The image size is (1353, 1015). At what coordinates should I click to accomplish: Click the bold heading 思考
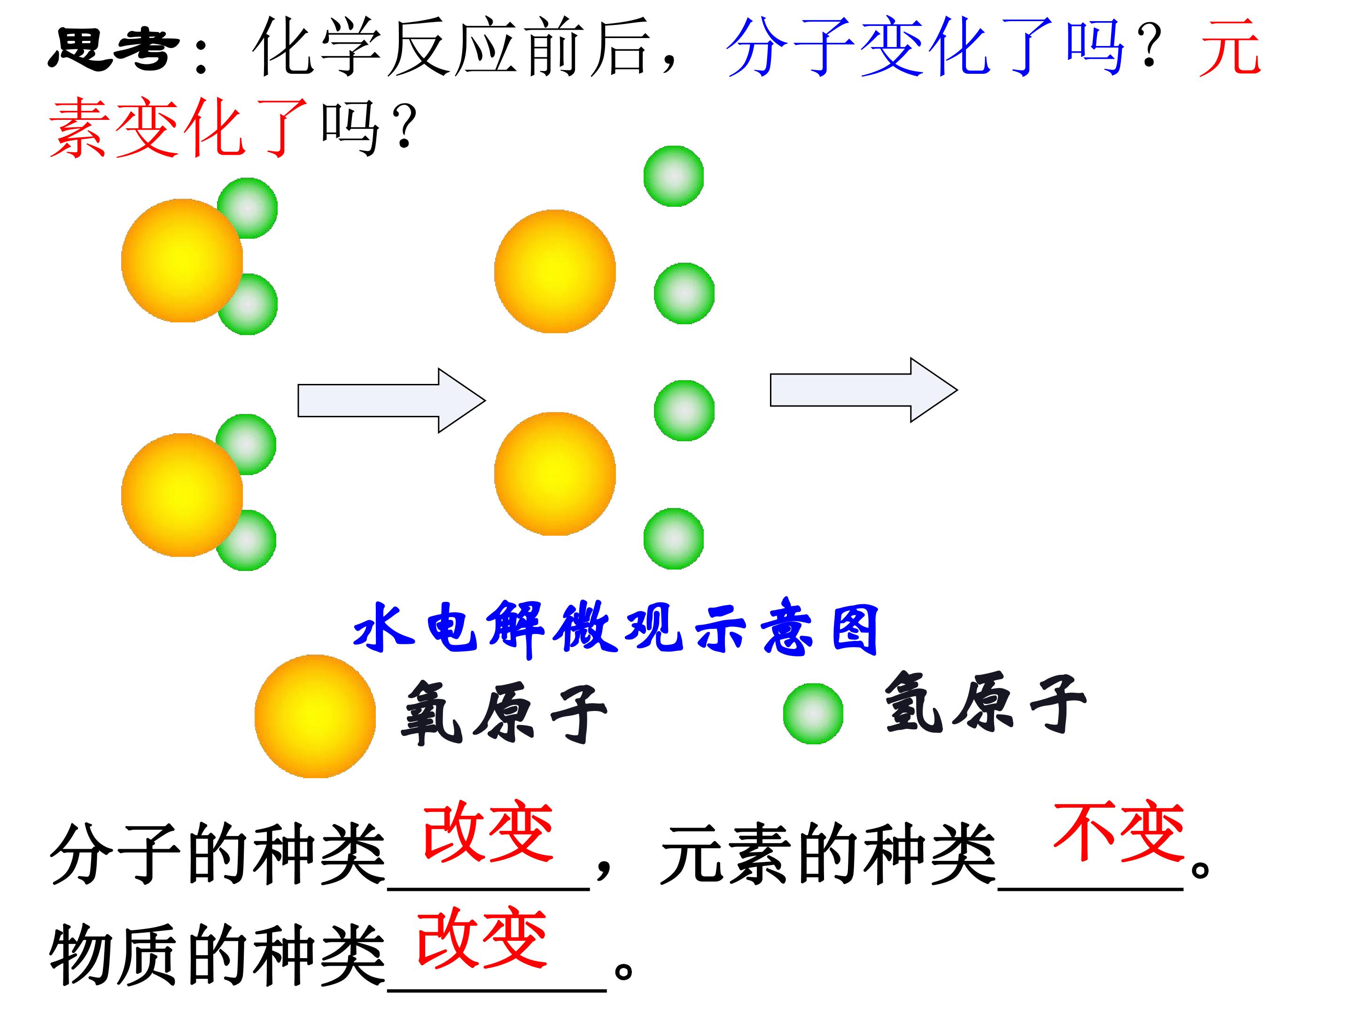pyautogui.click(x=114, y=49)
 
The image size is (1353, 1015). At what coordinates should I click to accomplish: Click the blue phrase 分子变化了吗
pyautogui.click(x=925, y=47)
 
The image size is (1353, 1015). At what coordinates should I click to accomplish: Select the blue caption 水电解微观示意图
pyautogui.click(x=616, y=628)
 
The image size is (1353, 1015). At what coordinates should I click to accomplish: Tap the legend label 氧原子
pyautogui.click(x=504, y=713)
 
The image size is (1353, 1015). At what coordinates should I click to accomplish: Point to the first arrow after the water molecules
pyautogui.click(x=391, y=401)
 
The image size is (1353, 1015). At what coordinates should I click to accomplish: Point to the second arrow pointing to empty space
pyautogui.click(x=863, y=390)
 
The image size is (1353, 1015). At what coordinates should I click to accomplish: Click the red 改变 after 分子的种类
pyautogui.click(x=488, y=833)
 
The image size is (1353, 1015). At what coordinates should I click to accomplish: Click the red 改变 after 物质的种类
pyautogui.click(x=482, y=938)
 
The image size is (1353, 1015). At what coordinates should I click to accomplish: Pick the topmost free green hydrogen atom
pyautogui.click(x=673, y=176)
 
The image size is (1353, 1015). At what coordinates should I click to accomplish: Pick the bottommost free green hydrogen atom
pyautogui.click(x=673, y=539)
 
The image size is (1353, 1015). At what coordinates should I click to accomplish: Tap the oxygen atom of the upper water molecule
pyautogui.click(x=182, y=260)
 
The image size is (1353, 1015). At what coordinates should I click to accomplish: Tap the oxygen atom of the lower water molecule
pyautogui.click(x=182, y=495)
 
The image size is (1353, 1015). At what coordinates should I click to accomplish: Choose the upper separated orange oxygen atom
pyautogui.click(x=555, y=271)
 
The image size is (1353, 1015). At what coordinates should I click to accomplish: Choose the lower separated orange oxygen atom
pyautogui.click(x=555, y=474)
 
